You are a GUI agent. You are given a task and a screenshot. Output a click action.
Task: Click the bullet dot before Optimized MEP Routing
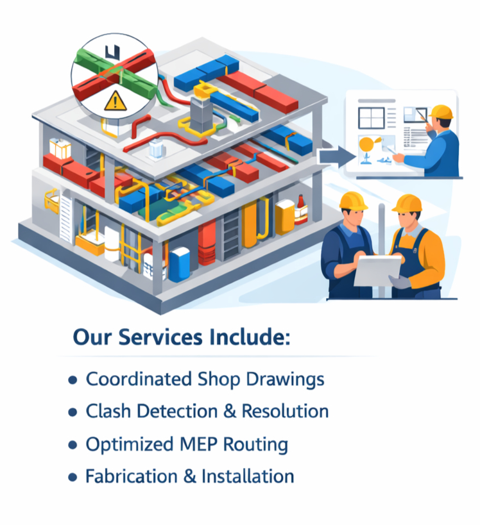coord(73,444)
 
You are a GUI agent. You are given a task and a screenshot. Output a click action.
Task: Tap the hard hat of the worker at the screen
coord(440,113)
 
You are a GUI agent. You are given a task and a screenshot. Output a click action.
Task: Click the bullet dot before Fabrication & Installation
coord(73,477)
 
